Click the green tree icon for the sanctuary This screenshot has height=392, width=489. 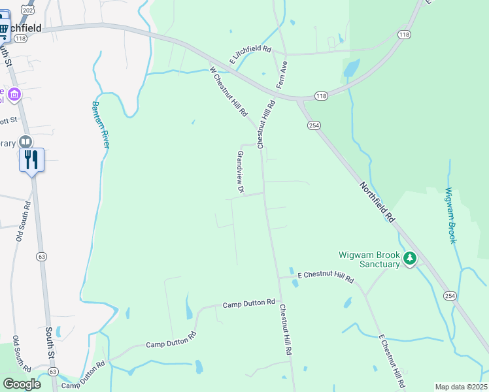click(410, 259)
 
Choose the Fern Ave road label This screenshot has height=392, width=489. click(282, 76)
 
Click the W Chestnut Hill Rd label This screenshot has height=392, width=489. click(228, 91)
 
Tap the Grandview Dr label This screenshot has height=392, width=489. click(240, 172)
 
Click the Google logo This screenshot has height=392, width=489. click(22, 384)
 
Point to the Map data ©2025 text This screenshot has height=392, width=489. click(461, 387)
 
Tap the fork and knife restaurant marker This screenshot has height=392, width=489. click(31, 159)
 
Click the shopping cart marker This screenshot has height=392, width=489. click(4, 29)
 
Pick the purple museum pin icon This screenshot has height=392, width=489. click(14, 95)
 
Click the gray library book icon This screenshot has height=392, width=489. click(25, 142)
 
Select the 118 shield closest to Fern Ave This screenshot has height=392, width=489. click(320, 96)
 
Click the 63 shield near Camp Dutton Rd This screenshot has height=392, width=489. click(53, 371)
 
